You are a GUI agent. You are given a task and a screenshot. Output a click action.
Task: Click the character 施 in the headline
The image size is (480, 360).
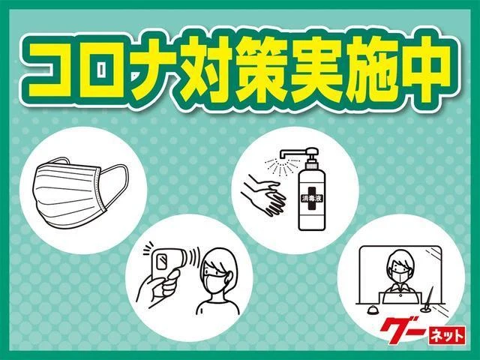(367, 69)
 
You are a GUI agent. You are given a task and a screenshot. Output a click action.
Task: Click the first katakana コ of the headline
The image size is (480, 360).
(52, 70)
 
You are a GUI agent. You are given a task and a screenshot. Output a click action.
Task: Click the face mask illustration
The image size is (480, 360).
(80, 192)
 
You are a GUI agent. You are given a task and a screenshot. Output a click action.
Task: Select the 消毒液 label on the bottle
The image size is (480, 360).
(312, 198)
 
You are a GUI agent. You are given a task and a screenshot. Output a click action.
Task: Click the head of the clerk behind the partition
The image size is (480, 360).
(400, 266)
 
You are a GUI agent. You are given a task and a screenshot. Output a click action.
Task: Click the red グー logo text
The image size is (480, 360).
(403, 330)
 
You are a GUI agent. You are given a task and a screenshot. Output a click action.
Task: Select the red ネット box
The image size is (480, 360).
(447, 335)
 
